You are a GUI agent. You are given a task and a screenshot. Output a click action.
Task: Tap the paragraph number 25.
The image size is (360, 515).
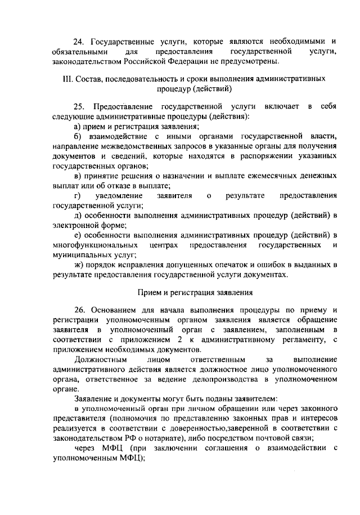click(x=79, y=106)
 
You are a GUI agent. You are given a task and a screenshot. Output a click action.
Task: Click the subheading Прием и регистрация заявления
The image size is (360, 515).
click(x=195, y=292)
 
